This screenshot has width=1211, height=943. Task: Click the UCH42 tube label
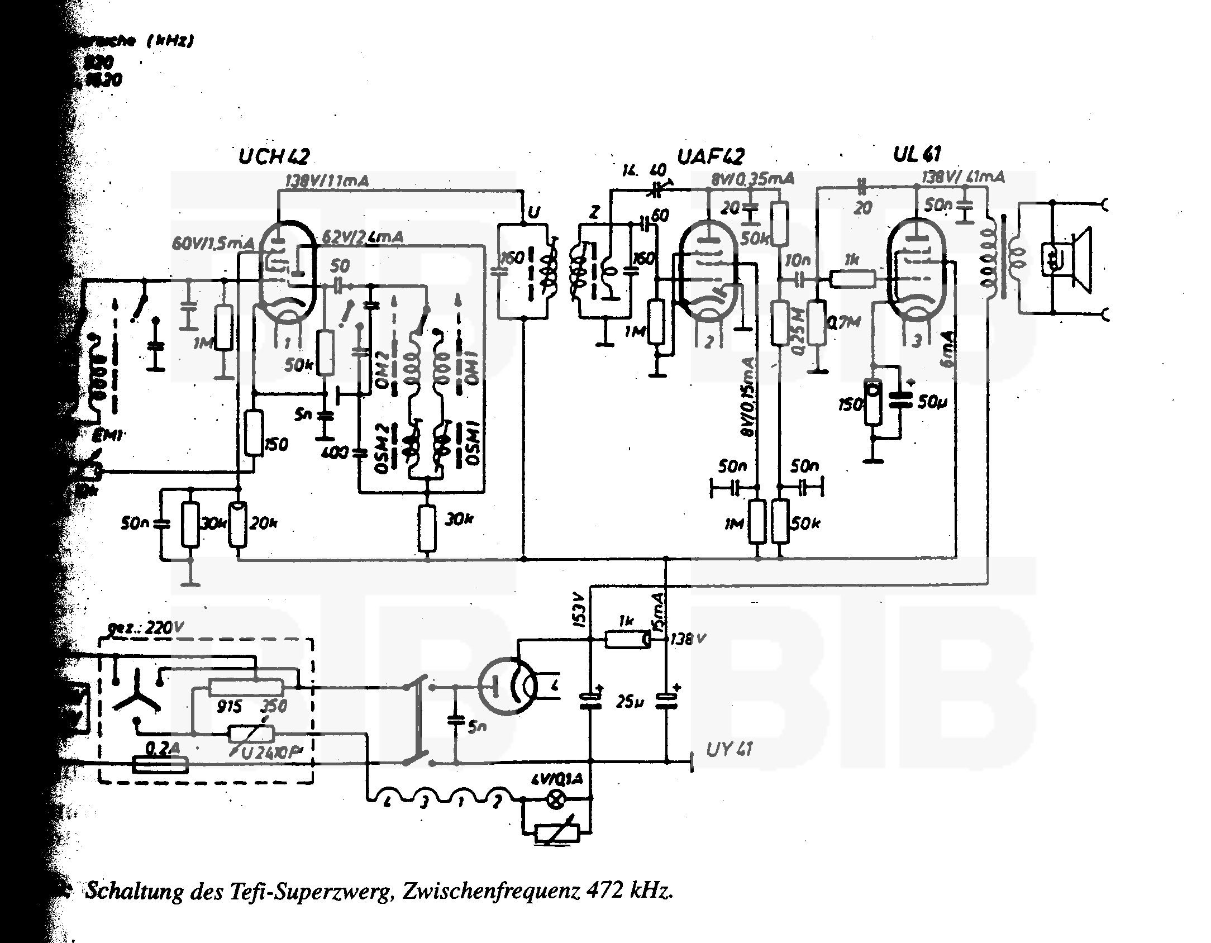tap(274, 157)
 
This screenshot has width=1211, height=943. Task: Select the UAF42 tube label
tap(711, 156)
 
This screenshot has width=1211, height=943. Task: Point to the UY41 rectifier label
tap(729, 749)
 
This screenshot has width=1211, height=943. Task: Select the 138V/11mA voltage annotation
tap(327, 181)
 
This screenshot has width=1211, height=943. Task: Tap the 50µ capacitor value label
tap(932, 402)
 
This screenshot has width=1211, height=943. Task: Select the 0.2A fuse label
tap(159, 749)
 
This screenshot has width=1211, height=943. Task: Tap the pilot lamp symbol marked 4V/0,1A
tap(555, 801)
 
